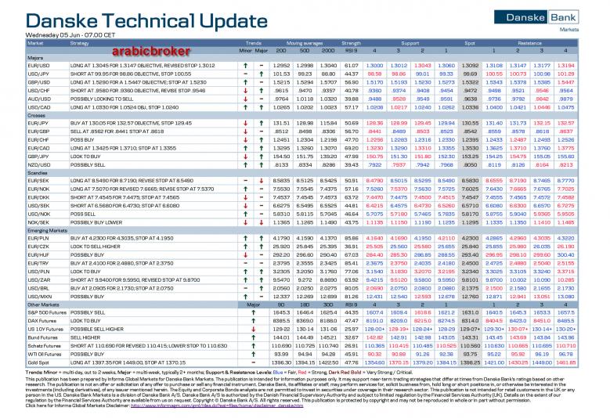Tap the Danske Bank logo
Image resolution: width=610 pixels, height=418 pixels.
click(559, 16)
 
